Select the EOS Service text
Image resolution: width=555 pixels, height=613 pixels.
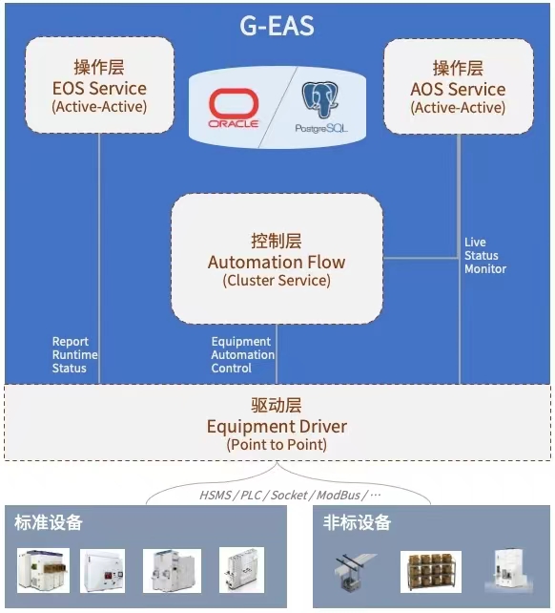tap(99, 89)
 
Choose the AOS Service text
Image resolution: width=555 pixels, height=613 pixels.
tap(458, 89)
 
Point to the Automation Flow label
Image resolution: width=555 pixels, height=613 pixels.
tap(277, 262)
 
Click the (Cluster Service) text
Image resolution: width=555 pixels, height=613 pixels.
tap(277, 281)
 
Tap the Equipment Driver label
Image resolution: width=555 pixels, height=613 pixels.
tap(277, 426)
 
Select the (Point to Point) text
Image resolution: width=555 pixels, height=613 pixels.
tap(277, 445)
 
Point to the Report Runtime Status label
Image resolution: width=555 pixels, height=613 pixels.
tap(74, 354)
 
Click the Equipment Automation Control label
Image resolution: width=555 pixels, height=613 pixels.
tap(242, 354)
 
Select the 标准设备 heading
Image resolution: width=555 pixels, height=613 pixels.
tap(49, 523)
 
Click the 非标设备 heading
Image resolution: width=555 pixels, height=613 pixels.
tap(357, 523)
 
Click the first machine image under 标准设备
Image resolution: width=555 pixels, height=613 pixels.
tap(43, 570)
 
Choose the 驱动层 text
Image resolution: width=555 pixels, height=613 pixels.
tap(277, 407)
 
